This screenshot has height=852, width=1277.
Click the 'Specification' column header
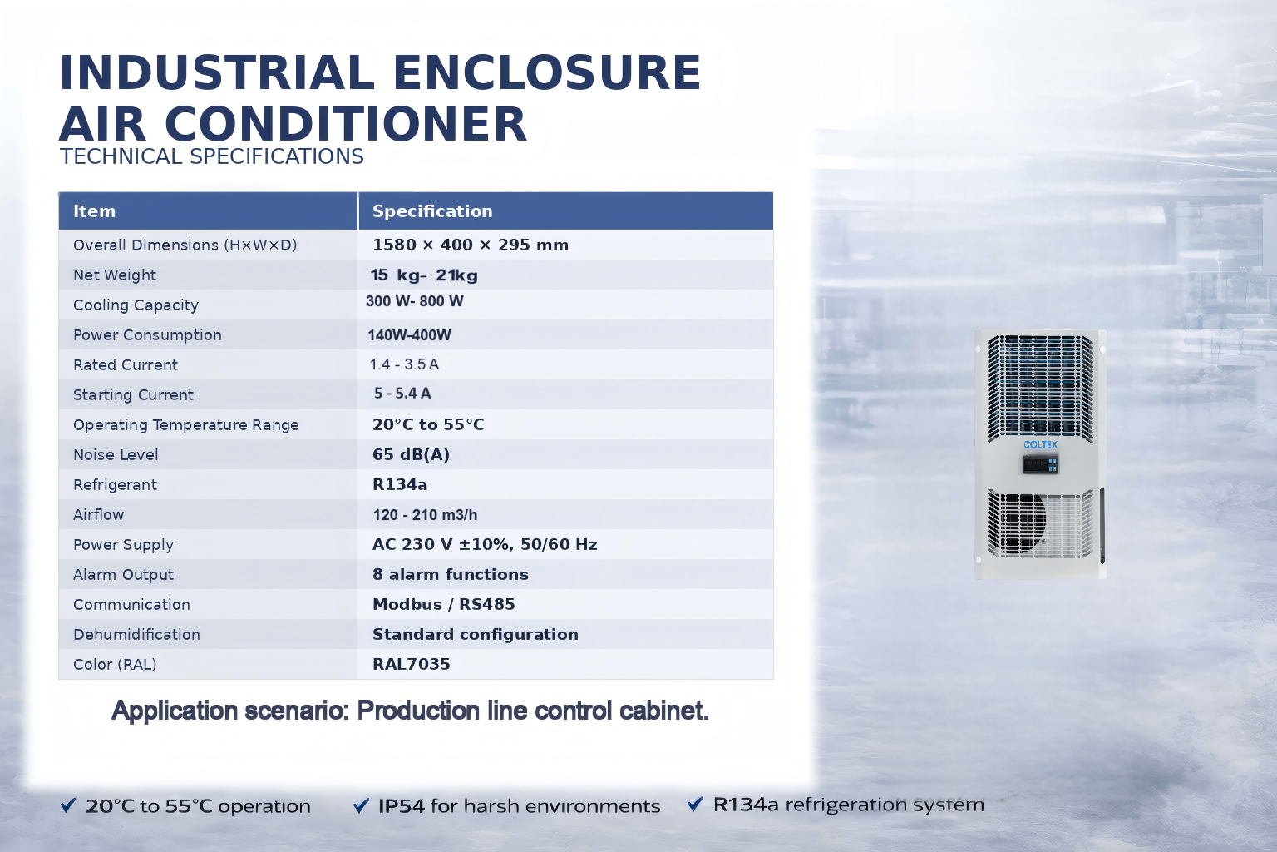tap(432, 211)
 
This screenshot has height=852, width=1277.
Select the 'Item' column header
tap(94, 211)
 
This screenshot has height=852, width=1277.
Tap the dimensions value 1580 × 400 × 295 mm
tap(471, 245)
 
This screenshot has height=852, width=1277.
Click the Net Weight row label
tap(115, 275)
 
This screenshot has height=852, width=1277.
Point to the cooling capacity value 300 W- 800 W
tap(415, 300)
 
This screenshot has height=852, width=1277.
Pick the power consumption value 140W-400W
tap(409, 335)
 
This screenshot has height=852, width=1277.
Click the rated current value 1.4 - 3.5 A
tap(404, 364)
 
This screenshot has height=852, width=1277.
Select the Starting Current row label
tap(133, 395)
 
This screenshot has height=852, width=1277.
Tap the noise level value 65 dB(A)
tap(411, 454)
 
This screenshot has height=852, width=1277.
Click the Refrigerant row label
tap(115, 484)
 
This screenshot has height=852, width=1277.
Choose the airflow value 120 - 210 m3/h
tap(426, 515)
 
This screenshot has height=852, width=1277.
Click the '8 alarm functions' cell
tap(451, 574)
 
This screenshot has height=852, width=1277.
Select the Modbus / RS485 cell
tap(443, 604)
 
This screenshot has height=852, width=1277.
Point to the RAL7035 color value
tap(411, 664)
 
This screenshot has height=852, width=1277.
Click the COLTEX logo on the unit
tap(1040, 444)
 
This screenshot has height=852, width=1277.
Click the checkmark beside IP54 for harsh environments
tap(361, 805)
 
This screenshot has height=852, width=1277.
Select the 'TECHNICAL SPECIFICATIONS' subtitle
tap(211, 156)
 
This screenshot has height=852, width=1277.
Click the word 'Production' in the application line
tap(418, 711)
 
